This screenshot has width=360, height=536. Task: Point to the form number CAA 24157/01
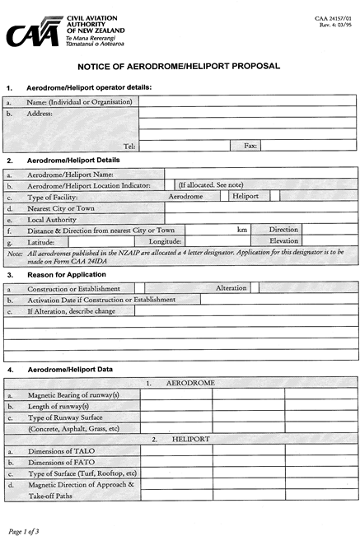point(332,17)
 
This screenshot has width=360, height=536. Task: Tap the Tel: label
point(129,146)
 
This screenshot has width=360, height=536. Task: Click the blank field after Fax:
point(308,146)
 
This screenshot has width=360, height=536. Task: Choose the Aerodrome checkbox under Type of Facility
point(224,197)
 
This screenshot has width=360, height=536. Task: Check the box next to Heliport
point(275,197)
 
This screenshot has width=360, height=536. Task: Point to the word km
point(242,231)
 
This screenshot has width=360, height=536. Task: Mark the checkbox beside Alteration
point(255,288)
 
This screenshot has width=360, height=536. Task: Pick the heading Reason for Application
point(67,274)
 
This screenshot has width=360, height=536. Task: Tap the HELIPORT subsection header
point(190,440)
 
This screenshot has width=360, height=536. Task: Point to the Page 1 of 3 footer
point(24,521)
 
